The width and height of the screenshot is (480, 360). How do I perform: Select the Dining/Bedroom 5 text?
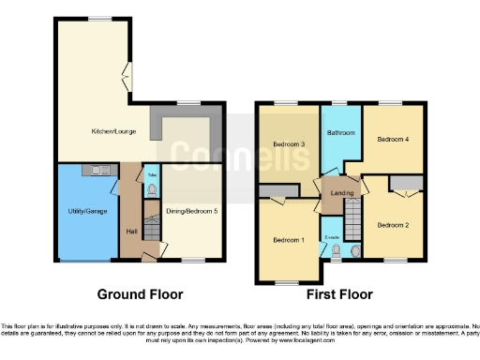[191, 211]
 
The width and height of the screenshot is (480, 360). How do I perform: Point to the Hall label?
[131, 232]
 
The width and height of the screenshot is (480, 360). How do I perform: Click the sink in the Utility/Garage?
[97, 170]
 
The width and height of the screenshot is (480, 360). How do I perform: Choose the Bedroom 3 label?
[289, 143]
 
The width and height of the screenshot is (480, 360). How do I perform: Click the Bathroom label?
[339, 133]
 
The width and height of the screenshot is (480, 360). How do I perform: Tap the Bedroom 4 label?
[393, 139]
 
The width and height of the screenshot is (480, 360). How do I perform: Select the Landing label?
[337, 194]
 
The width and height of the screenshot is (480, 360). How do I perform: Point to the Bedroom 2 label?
[393, 225]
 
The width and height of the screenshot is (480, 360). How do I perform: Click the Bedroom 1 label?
[289, 239]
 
